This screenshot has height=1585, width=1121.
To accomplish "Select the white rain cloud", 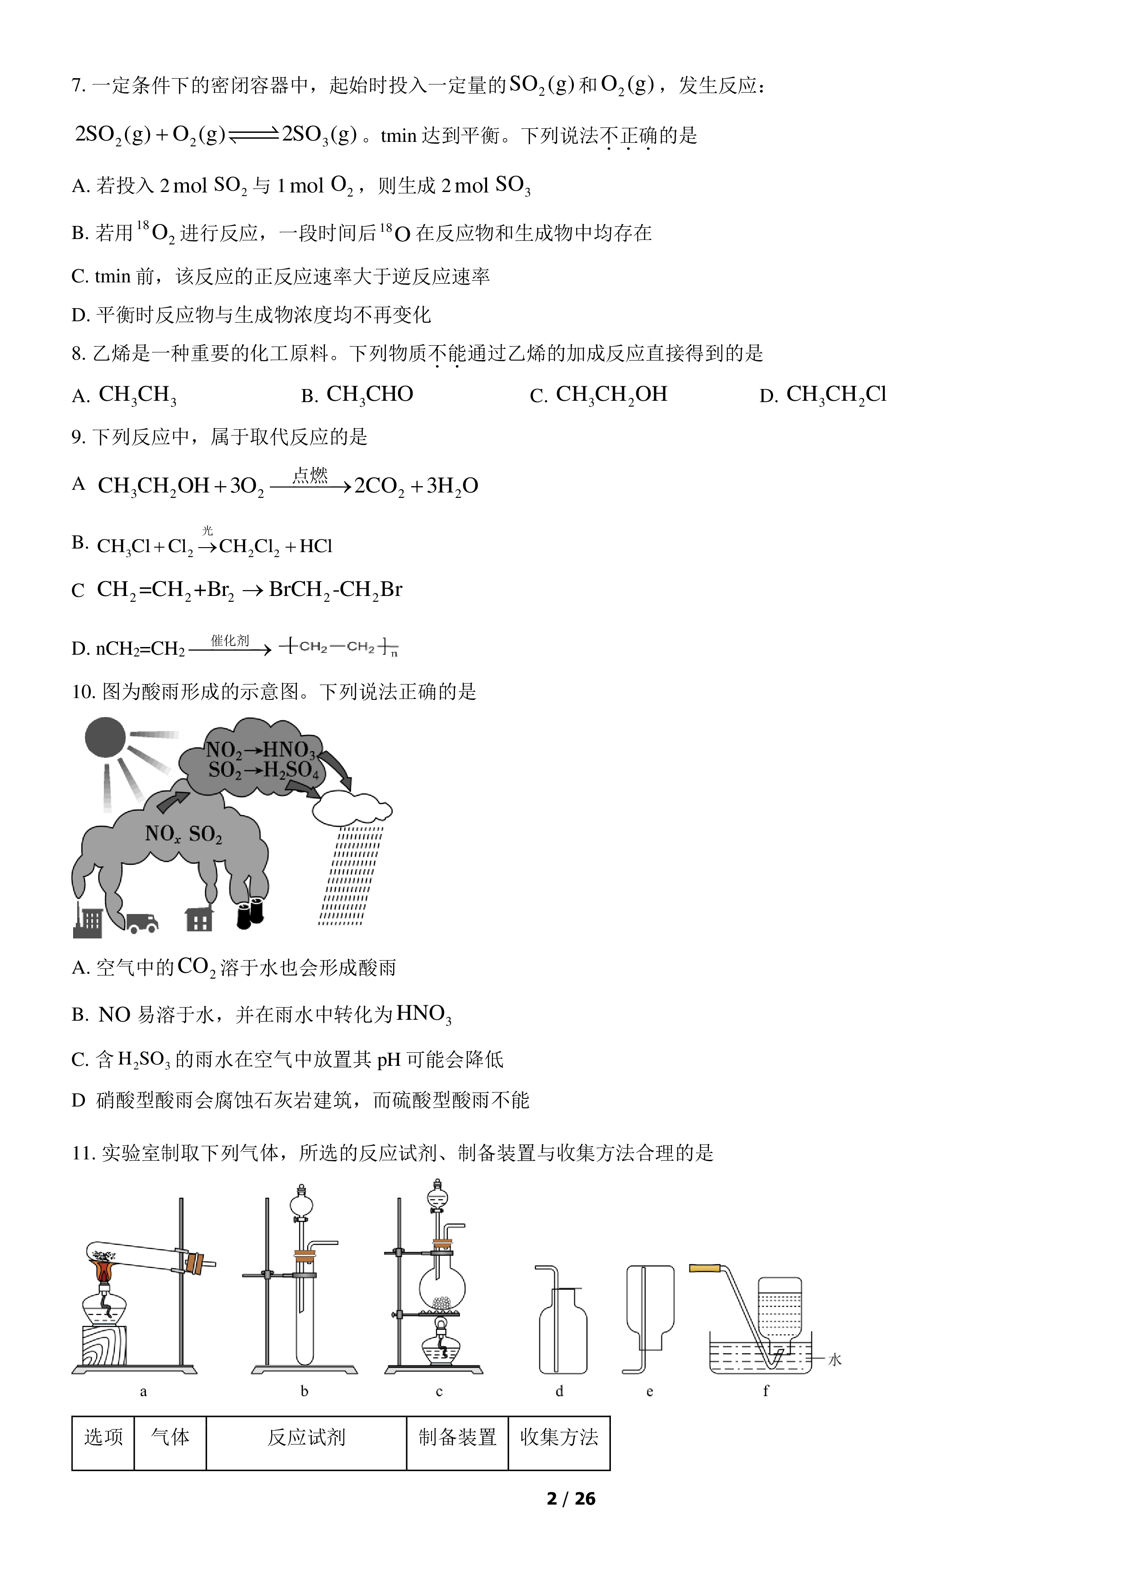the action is pyautogui.click(x=352, y=808).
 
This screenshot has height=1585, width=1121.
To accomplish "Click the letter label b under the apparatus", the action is pyautogui.click(x=305, y=1391).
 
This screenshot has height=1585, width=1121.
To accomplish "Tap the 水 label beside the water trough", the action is pyautogui.click(x=835, y=1360).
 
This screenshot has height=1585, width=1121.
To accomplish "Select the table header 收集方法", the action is pyautogui.click(x=559, y=1437).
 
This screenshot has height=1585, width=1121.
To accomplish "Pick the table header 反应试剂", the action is pyautogui.click(x=306, y=1437).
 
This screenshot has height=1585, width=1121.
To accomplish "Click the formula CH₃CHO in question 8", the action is pyautogui.click(x=369, y=395).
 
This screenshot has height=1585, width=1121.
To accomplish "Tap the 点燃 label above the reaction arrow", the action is pyautogui.click(x=310, y=475).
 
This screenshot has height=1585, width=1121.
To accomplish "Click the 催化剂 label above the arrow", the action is pyautogui.click(x=230, y=641).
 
